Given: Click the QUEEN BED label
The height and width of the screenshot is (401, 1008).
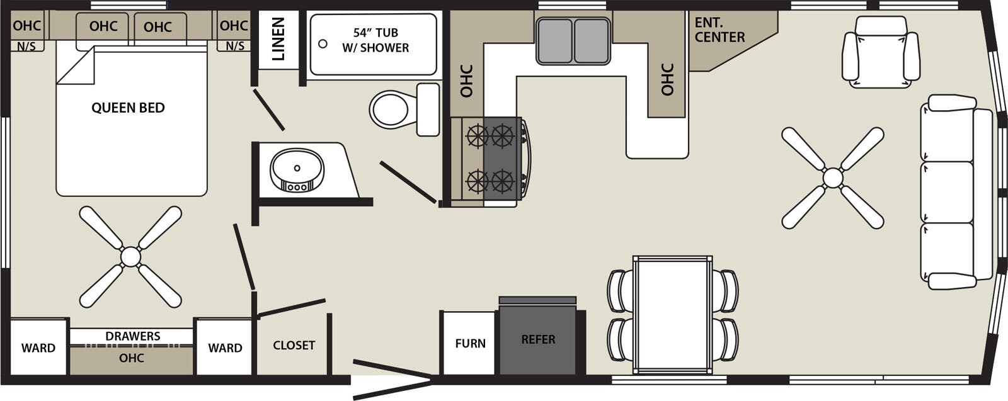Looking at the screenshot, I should tap(128, 108).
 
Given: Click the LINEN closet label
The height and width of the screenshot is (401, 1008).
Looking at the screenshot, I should tap(278, 39).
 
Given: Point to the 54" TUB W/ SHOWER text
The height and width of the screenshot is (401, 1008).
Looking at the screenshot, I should tap(375, 40).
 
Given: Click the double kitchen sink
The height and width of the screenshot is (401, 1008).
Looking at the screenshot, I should tap(573, 41).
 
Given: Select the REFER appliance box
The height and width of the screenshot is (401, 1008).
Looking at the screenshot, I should tap(538, 339).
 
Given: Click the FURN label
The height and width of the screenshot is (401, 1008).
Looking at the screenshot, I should tap(470, 343).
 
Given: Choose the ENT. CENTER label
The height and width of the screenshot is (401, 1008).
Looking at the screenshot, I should tap(719, 30).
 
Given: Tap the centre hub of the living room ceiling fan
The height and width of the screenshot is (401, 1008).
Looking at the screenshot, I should tap(832, 178).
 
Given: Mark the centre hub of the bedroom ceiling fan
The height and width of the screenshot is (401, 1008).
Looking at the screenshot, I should tap(130, 256).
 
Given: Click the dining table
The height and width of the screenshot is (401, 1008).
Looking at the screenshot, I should tap(673, 315).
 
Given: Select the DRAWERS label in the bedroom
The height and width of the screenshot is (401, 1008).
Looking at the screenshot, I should tap(132, 336).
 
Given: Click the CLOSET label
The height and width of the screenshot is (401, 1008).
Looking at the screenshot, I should tap(294, 346).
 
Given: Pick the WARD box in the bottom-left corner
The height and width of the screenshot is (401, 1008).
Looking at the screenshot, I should tap(38, 347).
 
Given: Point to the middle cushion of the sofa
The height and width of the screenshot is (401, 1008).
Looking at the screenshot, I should tap(947, 191).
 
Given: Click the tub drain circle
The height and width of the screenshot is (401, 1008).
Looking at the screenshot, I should tap(323, 44).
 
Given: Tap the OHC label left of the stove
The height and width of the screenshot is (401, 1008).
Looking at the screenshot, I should tap(466, 81).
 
